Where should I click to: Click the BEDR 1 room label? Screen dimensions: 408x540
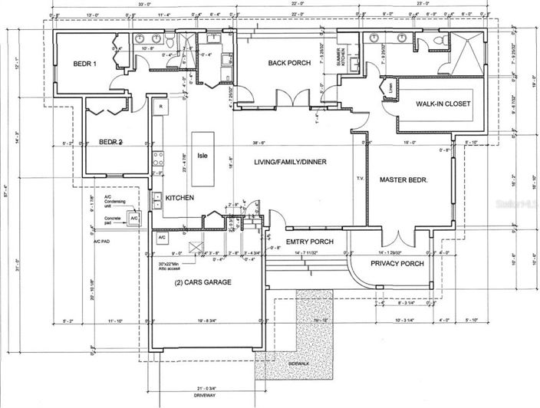(x=85, y=64)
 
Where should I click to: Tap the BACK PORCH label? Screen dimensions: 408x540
(x=288, y=63)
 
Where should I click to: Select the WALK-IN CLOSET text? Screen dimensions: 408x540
(x=443, y=104)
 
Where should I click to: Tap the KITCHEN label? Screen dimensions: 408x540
(x=179, y=198)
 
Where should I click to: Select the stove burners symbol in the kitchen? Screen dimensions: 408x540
(x=160, y=160)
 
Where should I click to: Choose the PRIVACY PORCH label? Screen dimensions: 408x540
(x=397, y=264)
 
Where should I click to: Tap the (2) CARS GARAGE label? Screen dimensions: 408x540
(x=203, y=282)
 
